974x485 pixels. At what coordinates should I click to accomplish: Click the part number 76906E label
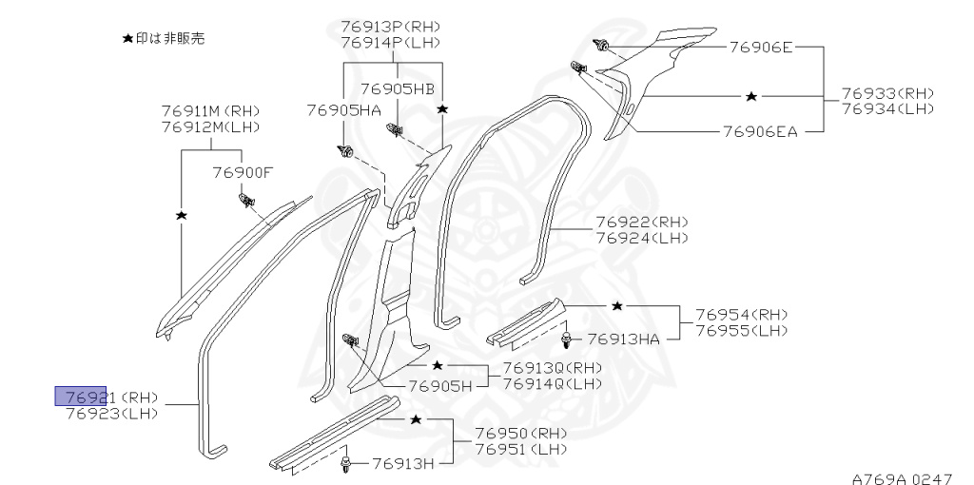point(761,46)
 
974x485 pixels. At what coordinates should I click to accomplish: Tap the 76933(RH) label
point(887,93)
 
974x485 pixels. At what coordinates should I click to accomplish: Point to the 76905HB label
point(398,88)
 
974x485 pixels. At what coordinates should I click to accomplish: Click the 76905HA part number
point(343,110)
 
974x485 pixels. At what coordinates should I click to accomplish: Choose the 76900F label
point(243,172)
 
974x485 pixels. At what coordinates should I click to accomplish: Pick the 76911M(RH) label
point(210,111)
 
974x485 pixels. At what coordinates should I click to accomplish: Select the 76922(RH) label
point(642,223)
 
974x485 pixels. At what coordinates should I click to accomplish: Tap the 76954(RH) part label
point(741,314)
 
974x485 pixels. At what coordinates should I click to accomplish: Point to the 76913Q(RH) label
point(552,368)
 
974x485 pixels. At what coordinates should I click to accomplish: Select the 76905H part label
point(440,386)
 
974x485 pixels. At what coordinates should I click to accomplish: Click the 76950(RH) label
point(521,433)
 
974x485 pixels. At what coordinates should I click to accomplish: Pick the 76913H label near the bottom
point(403,463)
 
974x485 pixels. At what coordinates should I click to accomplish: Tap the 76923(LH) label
point(112,413)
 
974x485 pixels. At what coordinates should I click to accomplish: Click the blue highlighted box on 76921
point(80,397)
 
